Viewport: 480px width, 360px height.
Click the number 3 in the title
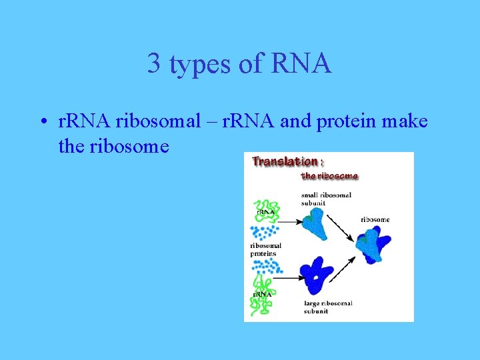(154, 64)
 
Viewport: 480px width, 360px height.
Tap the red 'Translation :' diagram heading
(285, 161)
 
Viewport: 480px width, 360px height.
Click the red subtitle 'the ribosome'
(329, 176)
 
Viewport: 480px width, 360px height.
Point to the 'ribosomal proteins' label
(265, 249)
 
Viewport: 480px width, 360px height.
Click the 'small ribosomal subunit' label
(326, 199)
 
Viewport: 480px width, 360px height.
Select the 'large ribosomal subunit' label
(327, 307)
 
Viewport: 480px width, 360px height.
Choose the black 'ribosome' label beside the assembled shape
(375, 219)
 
